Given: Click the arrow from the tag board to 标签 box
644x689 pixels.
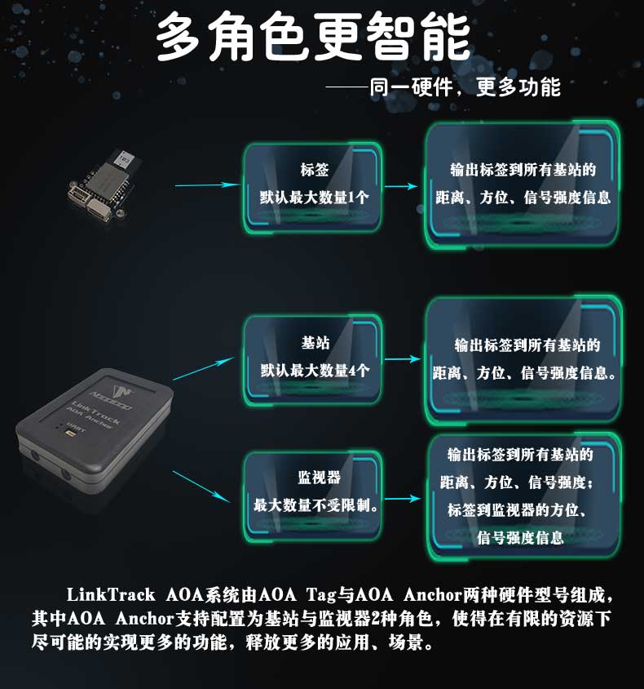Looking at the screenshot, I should [209, 185].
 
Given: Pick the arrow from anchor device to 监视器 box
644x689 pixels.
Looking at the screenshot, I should [200, 486].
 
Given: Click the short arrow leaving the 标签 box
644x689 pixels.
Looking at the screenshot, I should [401, 186].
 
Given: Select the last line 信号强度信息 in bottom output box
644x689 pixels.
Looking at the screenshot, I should [520, 537].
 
